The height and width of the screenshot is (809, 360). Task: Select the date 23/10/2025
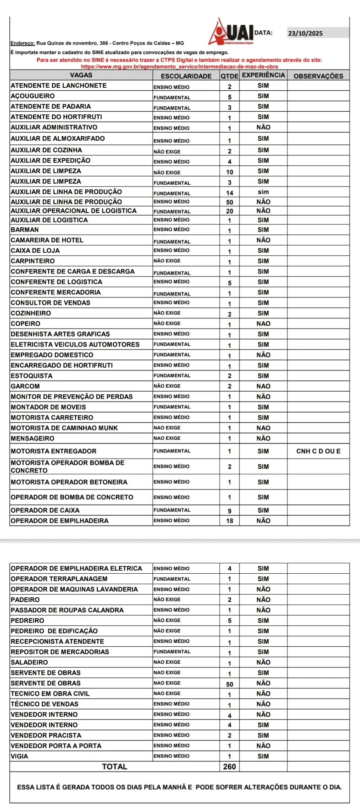coord(305,33)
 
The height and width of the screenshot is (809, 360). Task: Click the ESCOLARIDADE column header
coord(186,76)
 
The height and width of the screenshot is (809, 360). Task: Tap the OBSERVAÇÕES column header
coord(318,76)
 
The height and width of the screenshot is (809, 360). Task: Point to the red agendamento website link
coord(179,66)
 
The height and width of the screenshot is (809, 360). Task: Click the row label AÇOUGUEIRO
coord(33,96)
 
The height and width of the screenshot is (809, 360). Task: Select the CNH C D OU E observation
coord(318,451)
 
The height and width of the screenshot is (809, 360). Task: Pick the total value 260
coord(229,767)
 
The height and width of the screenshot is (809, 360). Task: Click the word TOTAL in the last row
coord(114,767)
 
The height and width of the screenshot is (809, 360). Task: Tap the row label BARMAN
coord(25,229)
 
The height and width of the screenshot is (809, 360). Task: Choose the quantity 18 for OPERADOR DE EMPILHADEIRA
coord(229,521)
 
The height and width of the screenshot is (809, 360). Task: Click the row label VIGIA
coord(19,756)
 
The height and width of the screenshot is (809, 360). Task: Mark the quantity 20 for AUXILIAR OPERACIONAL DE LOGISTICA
coord(229,211)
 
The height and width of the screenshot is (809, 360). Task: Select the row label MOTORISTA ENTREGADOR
coord(54,451)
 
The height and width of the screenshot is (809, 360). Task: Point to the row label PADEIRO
coord(25,600)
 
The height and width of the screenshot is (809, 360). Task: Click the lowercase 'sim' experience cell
coord(263,192)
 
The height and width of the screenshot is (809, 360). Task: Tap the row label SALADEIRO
coord(29,662)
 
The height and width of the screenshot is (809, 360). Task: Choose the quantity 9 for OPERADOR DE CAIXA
coord(229,511)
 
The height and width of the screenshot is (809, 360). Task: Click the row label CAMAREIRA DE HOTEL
coord(47,240)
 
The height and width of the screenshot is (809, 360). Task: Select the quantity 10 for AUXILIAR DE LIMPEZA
coord(229,172)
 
